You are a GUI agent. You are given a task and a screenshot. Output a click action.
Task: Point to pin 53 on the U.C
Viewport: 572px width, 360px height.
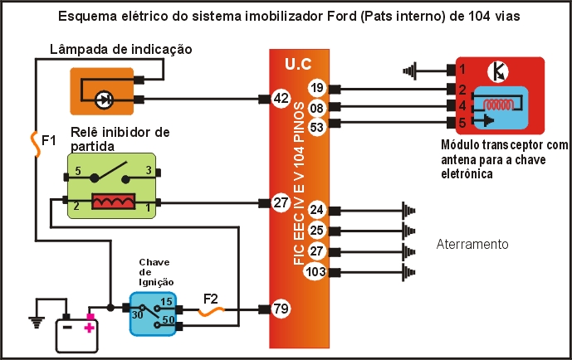coord(316,126)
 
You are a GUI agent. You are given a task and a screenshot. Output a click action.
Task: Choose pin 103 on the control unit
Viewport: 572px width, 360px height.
coord(315,272)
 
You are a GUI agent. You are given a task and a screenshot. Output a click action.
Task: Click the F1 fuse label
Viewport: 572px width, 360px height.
coord(49,140)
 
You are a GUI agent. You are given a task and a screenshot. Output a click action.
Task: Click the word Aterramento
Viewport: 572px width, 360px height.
coord(472,245)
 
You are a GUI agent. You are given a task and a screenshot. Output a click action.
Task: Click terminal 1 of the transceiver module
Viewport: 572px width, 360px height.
coord(462,70)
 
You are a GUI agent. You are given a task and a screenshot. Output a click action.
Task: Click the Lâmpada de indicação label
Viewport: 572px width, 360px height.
coord(121,50)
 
